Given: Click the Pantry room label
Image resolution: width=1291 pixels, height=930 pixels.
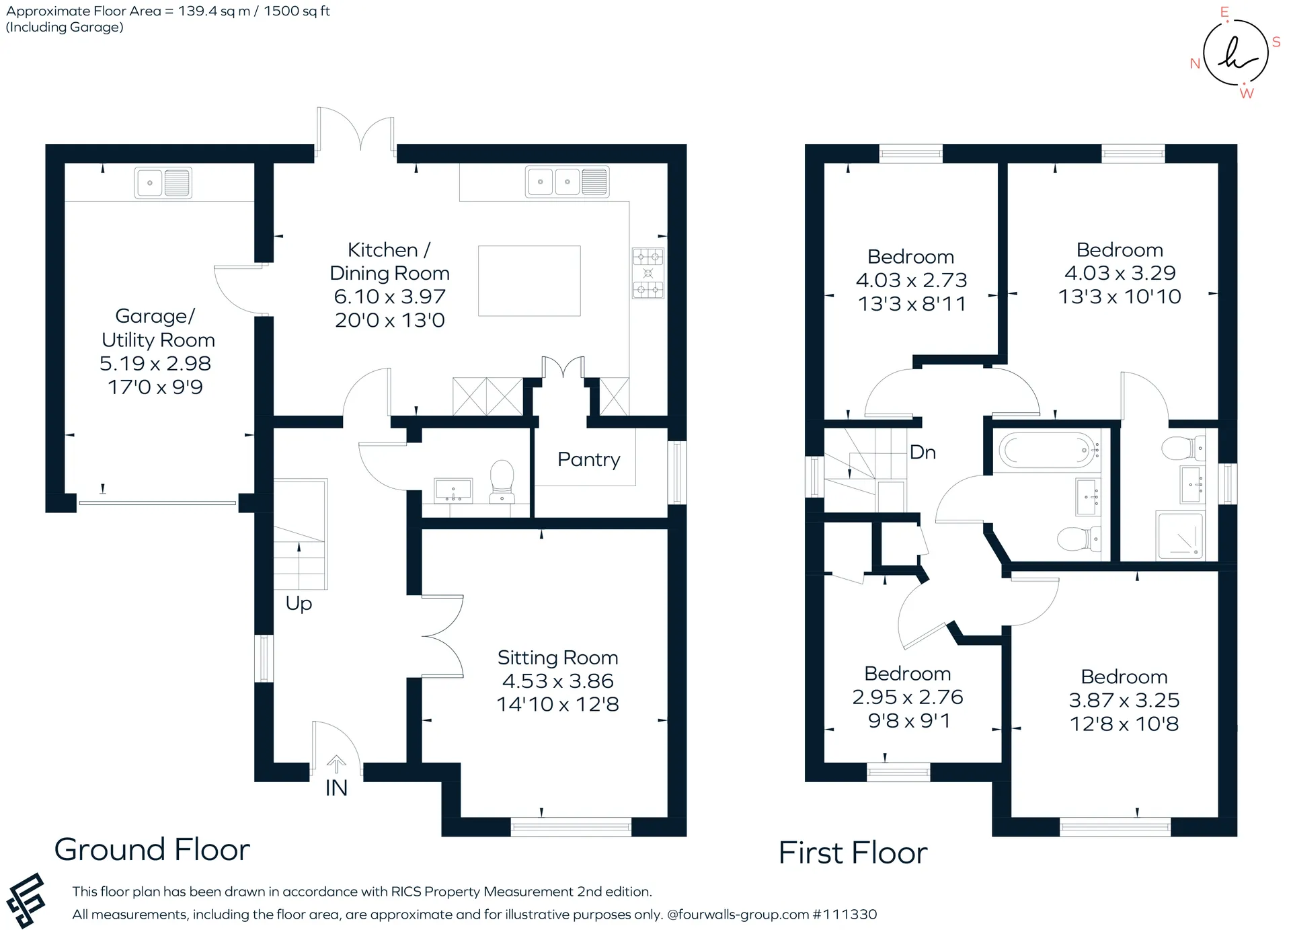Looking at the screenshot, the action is click(x=588, y=460).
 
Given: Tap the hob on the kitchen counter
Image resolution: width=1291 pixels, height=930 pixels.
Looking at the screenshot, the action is click(x=648, y=273).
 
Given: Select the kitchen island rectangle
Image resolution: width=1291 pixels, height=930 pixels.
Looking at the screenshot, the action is click(x=529, y=280).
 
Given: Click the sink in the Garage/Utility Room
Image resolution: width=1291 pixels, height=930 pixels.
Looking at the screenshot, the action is click(x=163, y=182).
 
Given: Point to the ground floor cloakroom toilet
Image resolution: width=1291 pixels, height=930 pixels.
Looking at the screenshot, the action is click(x=502, y=481).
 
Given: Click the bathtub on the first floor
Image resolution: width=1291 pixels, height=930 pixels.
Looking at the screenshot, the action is click(x=1046, y=450).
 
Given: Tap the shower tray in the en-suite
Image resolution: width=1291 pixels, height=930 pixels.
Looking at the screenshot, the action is click(x=1180, y=535).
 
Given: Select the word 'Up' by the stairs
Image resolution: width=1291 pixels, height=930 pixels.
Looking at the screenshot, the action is click(x=299, y=603).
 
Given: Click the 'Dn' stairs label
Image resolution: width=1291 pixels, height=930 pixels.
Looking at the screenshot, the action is click(x=923, y=452).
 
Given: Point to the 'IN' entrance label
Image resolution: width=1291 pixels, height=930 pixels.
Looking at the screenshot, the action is click(x=336, y=787).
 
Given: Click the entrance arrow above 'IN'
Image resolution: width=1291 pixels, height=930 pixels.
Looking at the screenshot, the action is click(x=336, y=764).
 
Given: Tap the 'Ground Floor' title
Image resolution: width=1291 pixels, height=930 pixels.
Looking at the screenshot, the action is click(x=152, y=849).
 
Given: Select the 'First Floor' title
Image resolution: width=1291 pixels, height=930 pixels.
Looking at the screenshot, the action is click(x=853, y=853).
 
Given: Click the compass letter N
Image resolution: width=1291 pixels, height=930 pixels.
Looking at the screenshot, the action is click(x=1195, y=63).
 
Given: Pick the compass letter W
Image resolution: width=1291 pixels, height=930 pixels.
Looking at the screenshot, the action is click(x=1247, y=93).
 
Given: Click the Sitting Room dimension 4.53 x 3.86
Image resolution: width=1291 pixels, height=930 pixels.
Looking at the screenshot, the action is click(x=557, y=681).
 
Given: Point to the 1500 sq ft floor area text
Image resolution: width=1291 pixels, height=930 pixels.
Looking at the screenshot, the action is click(x=297, y=11).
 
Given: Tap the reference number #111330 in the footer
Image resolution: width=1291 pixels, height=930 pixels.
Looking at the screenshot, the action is click(x=845, y=915).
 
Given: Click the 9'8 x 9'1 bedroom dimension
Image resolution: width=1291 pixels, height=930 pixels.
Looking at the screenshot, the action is click(x=908, y=721).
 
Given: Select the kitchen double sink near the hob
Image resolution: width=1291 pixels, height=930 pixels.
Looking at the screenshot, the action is click(x=567, y=182).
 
